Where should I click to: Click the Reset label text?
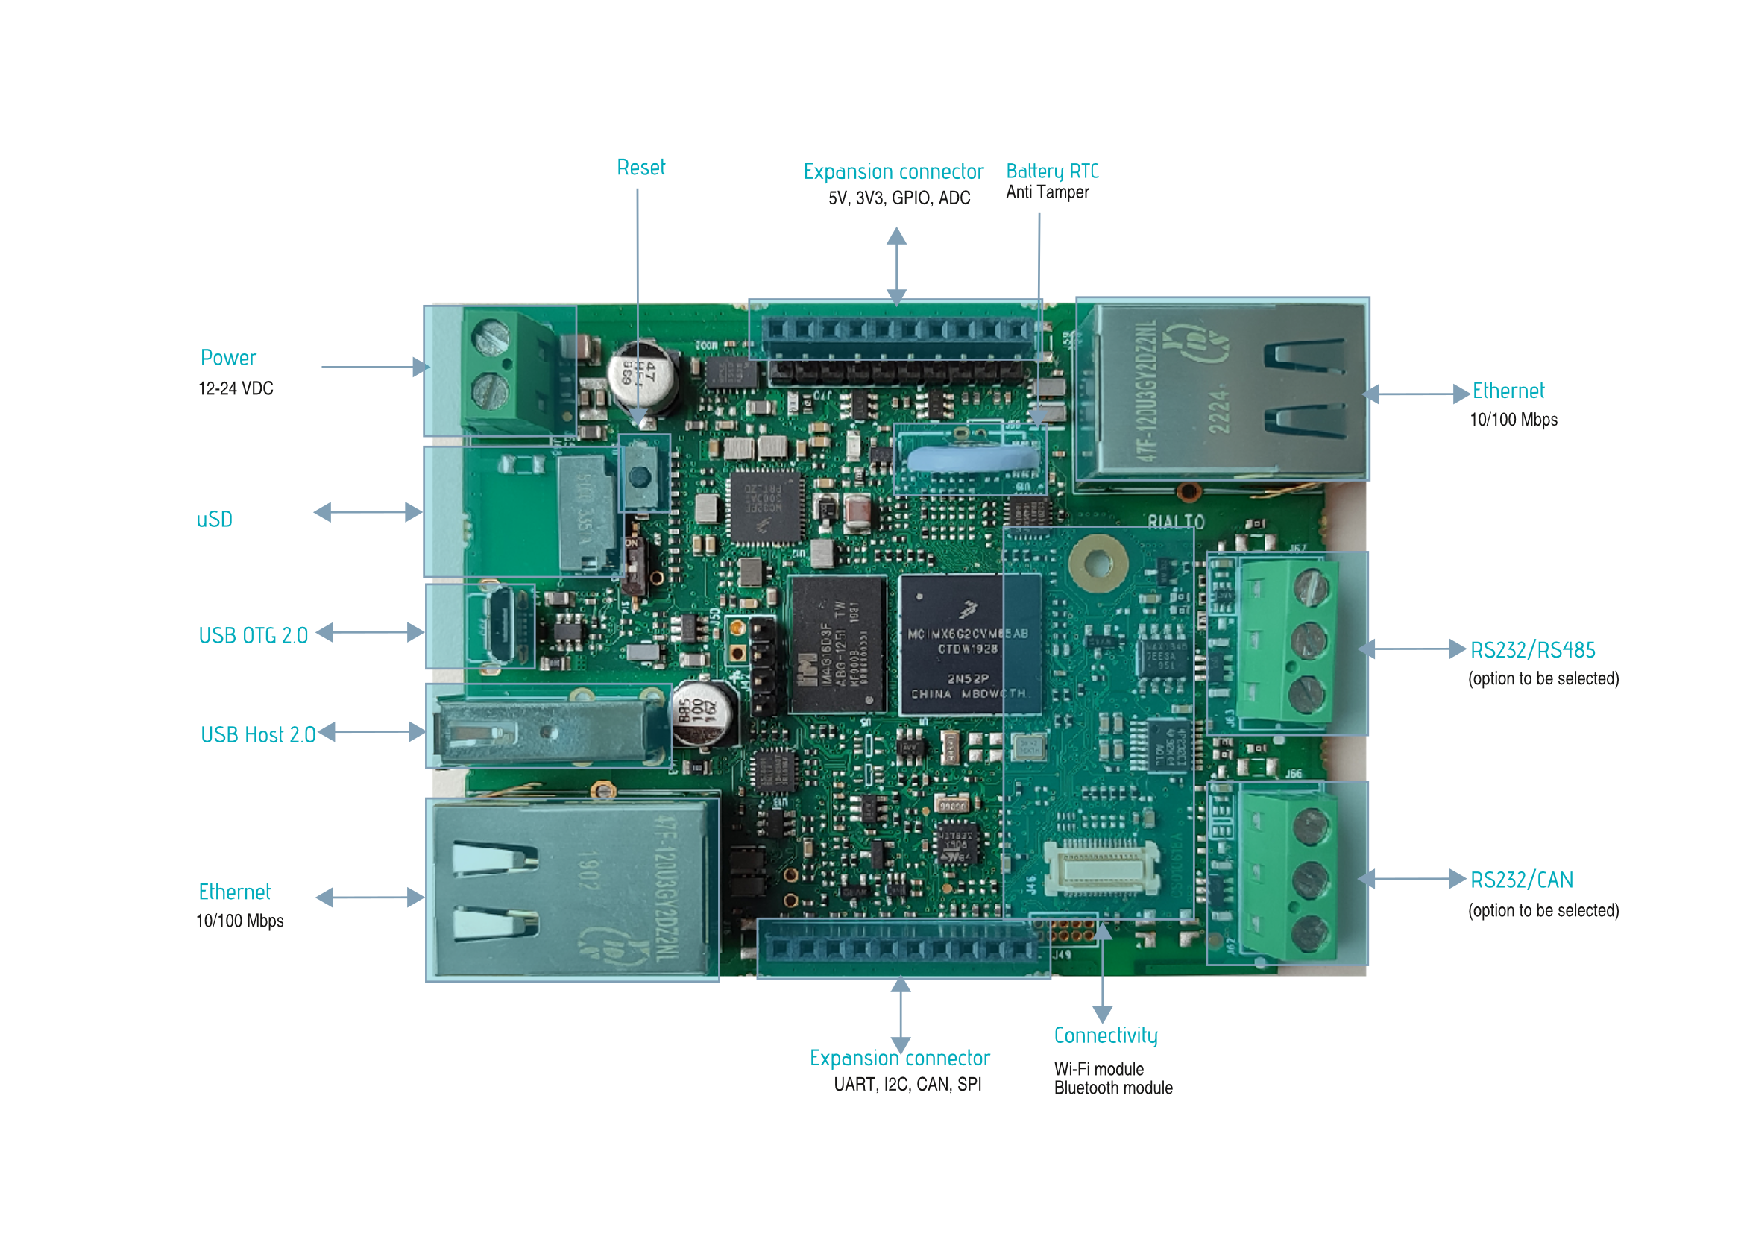click(x=640, y=167)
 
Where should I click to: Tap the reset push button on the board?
click(x=640, y=476)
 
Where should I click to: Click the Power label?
click(x=228, y=358)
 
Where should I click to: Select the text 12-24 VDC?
click(x=236, y=388)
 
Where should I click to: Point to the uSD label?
click(x=214, y=520)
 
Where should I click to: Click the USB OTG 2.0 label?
click(x=253, y=635)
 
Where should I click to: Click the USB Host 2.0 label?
click(x=257, y=734)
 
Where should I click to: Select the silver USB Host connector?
click(x=547, y=732)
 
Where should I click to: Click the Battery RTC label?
click(x=1052, y=171)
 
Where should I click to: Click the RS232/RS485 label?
click(x=1532, y=650)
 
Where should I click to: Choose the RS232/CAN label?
click(x=1522, y=880)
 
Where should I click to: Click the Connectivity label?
click(x=1105, y=1035)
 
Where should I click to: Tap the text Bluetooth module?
click(x=1112, y=1088)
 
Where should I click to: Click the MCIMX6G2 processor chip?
click(x=969, y=646)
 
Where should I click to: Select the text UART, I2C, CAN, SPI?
click(x=907, y=1084)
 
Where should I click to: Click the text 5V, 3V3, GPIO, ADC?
click(x=898, y=198)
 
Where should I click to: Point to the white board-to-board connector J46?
click(x=1101, y=867)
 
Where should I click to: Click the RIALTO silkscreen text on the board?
click(x=1175, y=522)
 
